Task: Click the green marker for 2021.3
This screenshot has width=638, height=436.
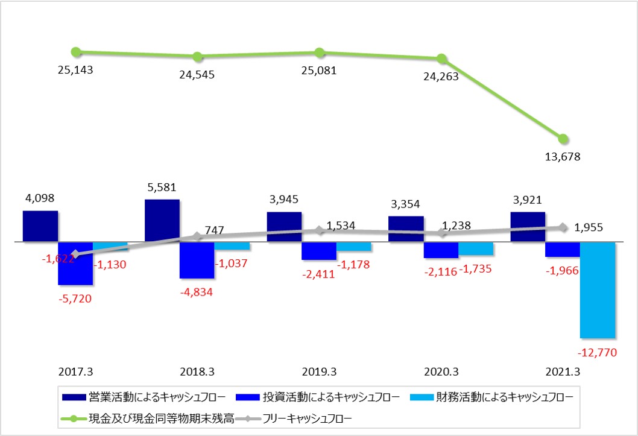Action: [x=563, y=139]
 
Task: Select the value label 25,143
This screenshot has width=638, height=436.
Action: [x=75, y=70]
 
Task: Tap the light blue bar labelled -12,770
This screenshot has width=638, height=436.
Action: [x=598, y=289]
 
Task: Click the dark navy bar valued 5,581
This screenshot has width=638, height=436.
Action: [x=162, y=220]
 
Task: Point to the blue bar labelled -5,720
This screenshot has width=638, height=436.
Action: [x=75, y=263]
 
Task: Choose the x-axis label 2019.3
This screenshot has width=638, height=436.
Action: [x=319, y=371]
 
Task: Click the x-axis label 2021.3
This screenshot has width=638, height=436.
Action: [x=563, y=371]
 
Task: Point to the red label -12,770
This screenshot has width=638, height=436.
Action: [x=596, y=353]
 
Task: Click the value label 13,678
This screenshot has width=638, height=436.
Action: [x=563, y=157]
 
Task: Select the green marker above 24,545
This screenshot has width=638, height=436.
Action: [x=197, y=57]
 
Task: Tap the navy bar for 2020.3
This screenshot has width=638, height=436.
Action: [x=406, y=229]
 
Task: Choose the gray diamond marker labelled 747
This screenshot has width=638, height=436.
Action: [x=197, y=236]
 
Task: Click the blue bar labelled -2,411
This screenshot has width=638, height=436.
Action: [x=319, y=251]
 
